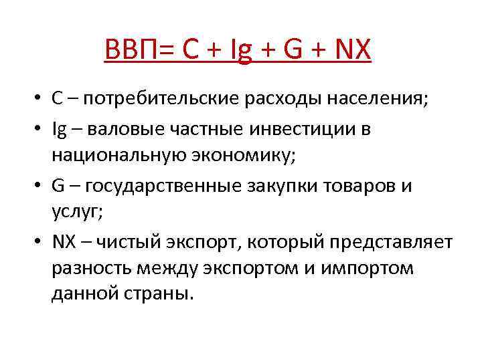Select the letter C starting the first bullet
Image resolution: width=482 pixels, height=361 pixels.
57,99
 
